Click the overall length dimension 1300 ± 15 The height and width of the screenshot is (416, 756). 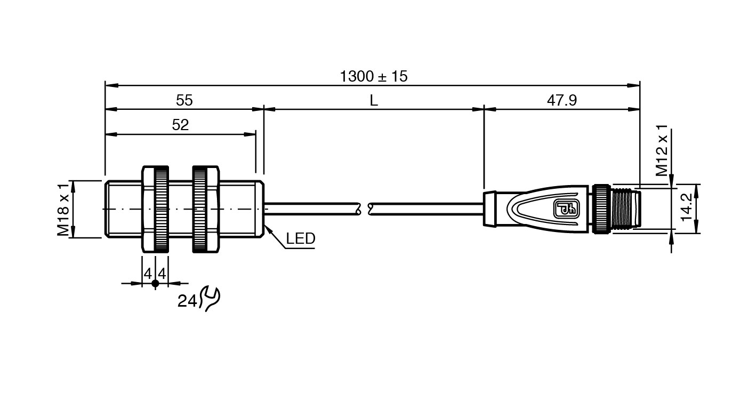(374, 76)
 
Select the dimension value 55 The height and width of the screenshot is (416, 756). (184, 100)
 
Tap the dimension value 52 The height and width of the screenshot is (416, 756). (180, 125)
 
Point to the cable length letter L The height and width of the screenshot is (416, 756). (374, 100)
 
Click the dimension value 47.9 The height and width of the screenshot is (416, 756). (562, 100)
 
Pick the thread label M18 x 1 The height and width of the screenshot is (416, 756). (63, 210)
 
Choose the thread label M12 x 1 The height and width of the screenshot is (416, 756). (662, 150)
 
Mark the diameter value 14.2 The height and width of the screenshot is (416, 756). (687, 207)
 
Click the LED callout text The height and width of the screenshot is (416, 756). (301, 238)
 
